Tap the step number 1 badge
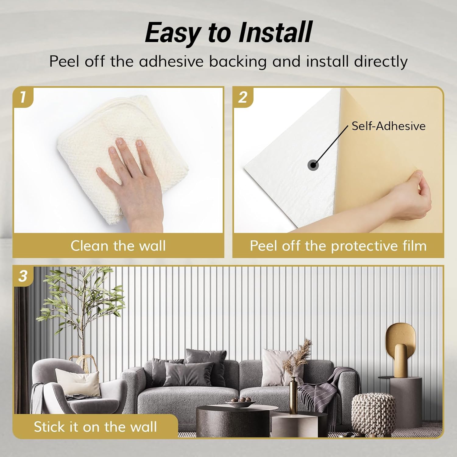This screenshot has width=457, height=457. (x=23, y=97)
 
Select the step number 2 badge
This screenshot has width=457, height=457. (x=243, y=97)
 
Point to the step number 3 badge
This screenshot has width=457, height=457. (x=23, y=276)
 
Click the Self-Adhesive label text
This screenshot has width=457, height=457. (x=388, y=126)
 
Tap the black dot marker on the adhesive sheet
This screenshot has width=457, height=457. (x=313, y=165)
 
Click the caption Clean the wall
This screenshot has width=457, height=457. (x=118, y=246)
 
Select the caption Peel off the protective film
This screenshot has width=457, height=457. (x=338, y=246)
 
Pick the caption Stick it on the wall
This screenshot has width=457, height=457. (x=95, y=427)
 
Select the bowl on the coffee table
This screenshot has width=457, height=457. (x=241, y=403)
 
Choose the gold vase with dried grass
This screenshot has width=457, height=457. (x=293, y=393)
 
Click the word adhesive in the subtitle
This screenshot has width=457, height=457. (x=171, y=61)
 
